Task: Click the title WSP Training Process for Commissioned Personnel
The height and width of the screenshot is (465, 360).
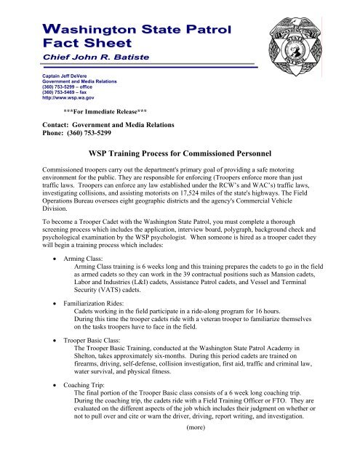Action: coord(180,154)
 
